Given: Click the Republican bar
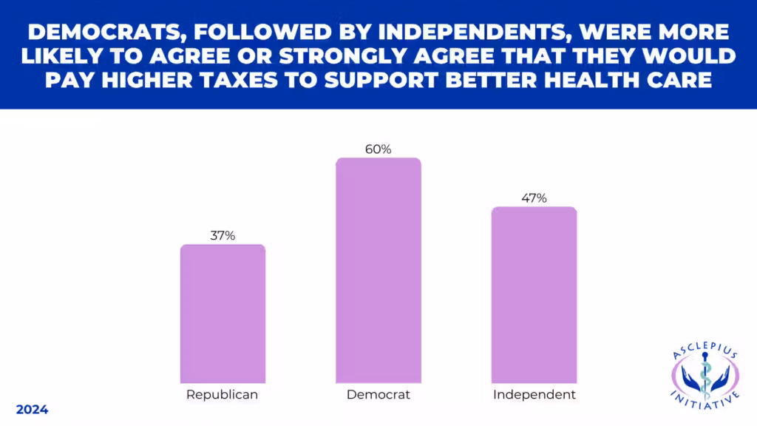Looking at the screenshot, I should (223, 314).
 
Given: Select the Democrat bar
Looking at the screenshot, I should (378, 270).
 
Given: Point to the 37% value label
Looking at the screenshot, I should (223, 236).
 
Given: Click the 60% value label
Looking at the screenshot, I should (378, 149).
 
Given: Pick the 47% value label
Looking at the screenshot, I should (534, 197).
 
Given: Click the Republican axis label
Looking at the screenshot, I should (223, 395).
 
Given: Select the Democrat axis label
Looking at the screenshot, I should (378, 395).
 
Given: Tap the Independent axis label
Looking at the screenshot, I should (534, 395).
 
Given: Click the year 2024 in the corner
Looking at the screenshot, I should (32, 409).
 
